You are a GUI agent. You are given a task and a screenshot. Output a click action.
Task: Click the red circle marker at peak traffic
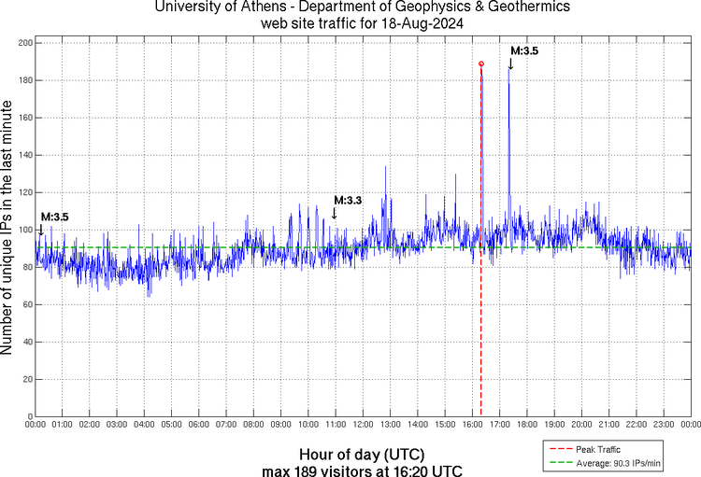pos(481,63)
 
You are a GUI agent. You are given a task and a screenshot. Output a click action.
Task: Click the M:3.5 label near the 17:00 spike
pos(523,50)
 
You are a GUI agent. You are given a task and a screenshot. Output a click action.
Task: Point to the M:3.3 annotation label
pos(348,200)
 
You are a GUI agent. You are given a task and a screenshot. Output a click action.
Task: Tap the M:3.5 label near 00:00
pos(54,217)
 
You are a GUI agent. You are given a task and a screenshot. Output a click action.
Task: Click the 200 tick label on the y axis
pos(25,43)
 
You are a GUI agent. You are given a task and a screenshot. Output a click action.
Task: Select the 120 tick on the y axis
pos(25,192)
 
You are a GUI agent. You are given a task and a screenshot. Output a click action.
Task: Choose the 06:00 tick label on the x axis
pos(199,425)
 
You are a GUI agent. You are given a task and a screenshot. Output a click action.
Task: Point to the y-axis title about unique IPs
pos(8,230)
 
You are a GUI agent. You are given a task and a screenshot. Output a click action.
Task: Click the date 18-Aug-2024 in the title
pos(422,25)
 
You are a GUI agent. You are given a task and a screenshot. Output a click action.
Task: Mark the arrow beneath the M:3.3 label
pos(334,214)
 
